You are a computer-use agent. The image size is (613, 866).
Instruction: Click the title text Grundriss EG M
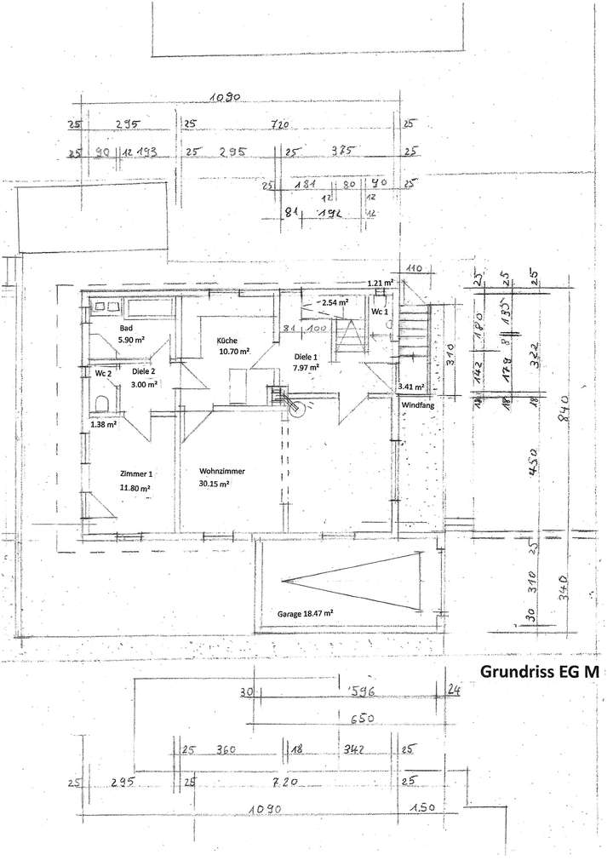point(540,672)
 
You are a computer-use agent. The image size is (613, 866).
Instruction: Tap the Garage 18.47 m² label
point(304,612)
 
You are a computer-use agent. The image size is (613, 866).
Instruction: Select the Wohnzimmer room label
point(222,471)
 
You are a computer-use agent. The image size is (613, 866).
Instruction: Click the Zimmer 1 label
point(136,474)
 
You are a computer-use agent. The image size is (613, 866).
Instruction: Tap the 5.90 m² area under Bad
point(134,340)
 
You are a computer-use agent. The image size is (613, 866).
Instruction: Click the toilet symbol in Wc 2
point(102,404)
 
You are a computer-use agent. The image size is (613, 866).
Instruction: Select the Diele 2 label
point(144,371)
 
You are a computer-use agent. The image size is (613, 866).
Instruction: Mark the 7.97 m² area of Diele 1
point(306,368)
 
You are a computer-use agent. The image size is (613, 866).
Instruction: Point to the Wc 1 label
point(380,313)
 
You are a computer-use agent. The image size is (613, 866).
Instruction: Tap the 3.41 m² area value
point(411,387)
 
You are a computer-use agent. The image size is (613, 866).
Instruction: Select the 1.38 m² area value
point(104,423)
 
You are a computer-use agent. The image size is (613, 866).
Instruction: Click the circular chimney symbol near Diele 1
point(297,408)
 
